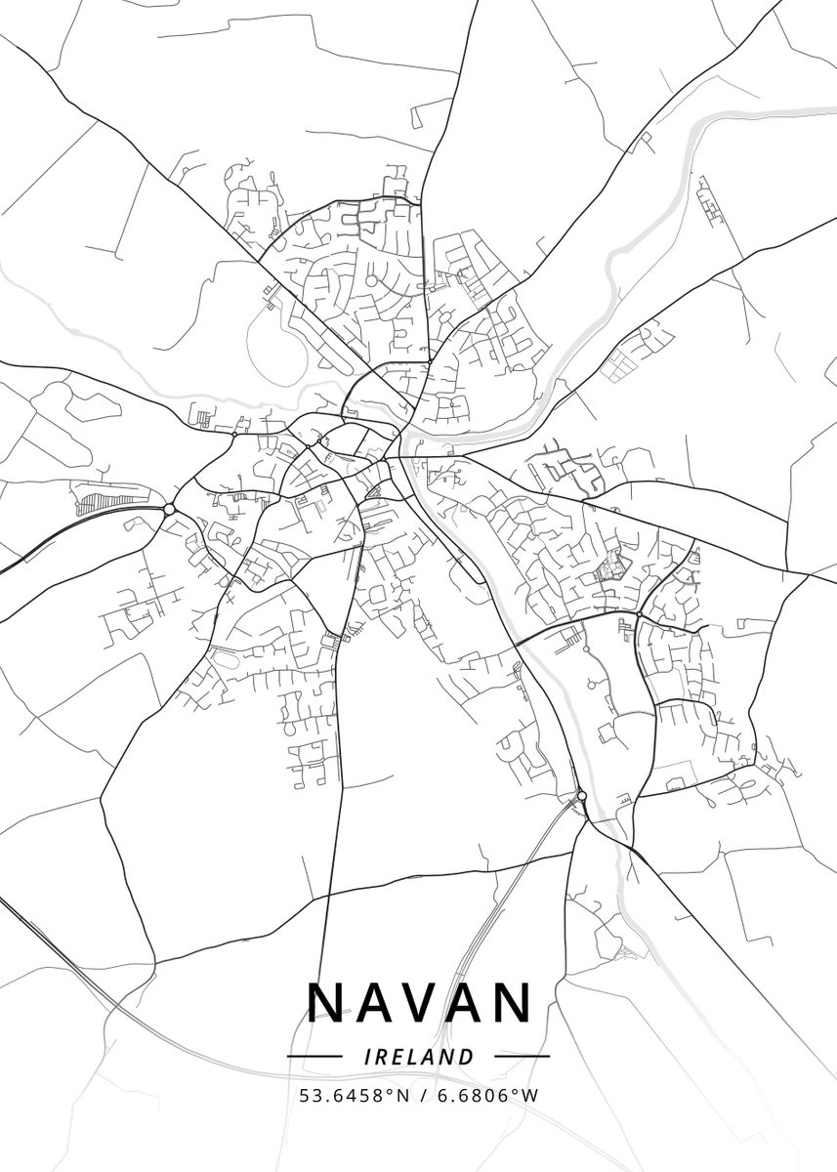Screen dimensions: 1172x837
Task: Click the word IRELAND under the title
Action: [x=418, y=1056]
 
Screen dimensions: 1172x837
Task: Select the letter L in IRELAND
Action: [x=413, y=1056]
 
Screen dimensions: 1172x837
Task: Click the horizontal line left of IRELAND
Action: [x=314, y=1056]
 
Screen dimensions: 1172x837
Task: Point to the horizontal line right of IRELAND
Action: [x=523, y=1056]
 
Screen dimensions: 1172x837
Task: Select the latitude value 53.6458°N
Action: [x=355, y=1096]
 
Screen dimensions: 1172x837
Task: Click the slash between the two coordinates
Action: [x=423, y=1096]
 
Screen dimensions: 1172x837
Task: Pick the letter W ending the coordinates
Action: [x=530, y=1096]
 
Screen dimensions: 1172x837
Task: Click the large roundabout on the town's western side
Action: [x=169, y=509]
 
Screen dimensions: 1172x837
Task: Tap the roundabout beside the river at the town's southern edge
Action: [x=582, y=796]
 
